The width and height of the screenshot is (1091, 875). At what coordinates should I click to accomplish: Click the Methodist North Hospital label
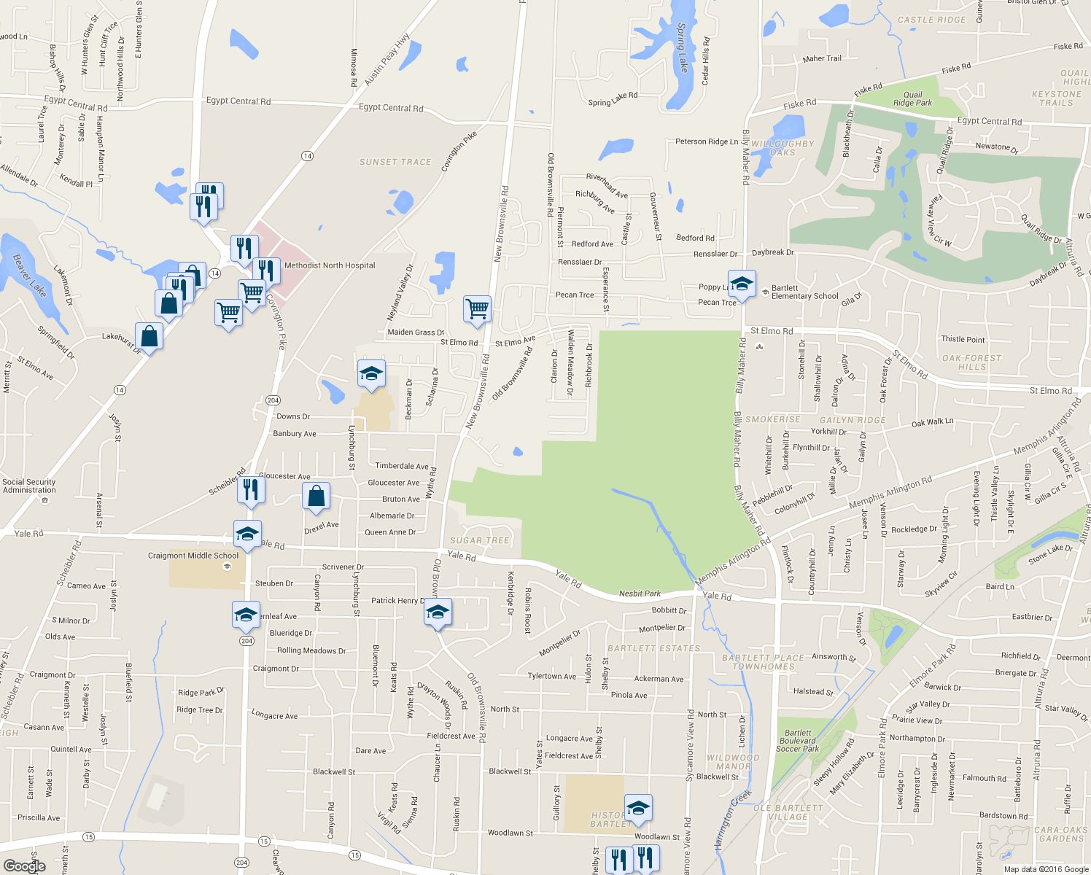[x=330, y=265]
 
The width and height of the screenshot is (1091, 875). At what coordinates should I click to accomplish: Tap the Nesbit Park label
[x=640, y=594]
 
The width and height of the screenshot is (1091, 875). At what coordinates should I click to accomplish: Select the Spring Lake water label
[x=682, y=47]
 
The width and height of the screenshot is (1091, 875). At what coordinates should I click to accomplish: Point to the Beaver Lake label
[x=29, y=275]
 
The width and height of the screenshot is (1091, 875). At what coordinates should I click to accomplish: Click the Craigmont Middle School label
[x=193, y=556]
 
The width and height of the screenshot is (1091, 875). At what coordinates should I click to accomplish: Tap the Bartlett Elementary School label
[x=804, y=292]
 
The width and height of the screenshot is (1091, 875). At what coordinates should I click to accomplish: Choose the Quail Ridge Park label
[x=912, y=99]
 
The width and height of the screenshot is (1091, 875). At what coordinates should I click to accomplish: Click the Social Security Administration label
[x=29, y=486]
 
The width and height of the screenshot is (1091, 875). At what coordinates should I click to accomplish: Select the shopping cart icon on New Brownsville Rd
[x=477, y=308]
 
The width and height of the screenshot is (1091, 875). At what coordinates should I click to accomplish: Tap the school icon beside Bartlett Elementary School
[x=741, y=284]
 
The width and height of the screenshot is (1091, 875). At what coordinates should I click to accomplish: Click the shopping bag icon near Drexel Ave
[x=317, y=496]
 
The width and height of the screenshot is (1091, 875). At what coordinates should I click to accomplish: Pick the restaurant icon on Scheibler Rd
[x=250, y=489]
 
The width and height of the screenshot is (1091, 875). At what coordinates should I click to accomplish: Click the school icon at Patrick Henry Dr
[x=438, y=612]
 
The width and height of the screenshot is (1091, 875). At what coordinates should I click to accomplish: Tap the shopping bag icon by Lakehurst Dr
[x=149, y=336]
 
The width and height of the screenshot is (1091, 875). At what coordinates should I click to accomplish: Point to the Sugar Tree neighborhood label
[x=479, y=540]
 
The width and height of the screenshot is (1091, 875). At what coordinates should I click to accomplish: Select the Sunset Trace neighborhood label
[x=395, y=162]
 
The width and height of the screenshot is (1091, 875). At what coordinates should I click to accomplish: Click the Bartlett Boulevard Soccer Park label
[x=798, y=741]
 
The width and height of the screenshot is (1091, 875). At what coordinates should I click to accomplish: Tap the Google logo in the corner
[x=24, y=866]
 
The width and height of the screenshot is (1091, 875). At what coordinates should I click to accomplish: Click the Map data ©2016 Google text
[x=1045, y=868]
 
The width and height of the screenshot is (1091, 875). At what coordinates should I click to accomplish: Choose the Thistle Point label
[x=963, y=339]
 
